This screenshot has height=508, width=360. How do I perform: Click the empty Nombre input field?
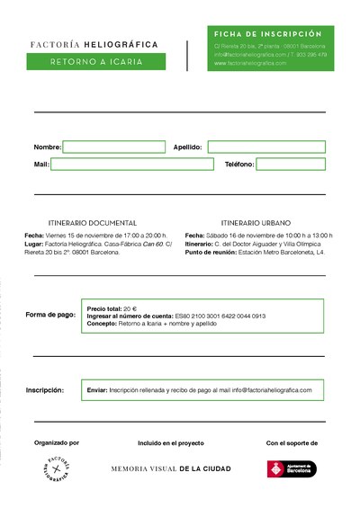pos(114,147)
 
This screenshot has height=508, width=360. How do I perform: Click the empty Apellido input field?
pos(266,147)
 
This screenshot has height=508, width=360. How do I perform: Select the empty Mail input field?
pos(132,165)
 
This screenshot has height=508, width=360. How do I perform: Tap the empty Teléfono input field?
pos(291,165)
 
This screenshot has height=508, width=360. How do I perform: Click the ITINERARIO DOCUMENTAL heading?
pos(92,222)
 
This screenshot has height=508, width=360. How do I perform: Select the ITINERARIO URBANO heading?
pos(256,222)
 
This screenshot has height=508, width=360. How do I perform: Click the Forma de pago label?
pos(50,315)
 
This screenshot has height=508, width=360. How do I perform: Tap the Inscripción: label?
pos(45,390)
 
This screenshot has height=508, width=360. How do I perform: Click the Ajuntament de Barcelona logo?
pos(293,468)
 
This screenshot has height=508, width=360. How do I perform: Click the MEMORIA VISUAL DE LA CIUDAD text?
pos(171,468)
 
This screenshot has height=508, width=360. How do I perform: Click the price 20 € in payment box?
pos(130,308)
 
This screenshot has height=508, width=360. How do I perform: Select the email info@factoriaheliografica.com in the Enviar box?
pos(272,390)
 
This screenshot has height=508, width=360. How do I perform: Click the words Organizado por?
pos(57,442)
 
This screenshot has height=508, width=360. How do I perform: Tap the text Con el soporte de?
pos(292,442)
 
